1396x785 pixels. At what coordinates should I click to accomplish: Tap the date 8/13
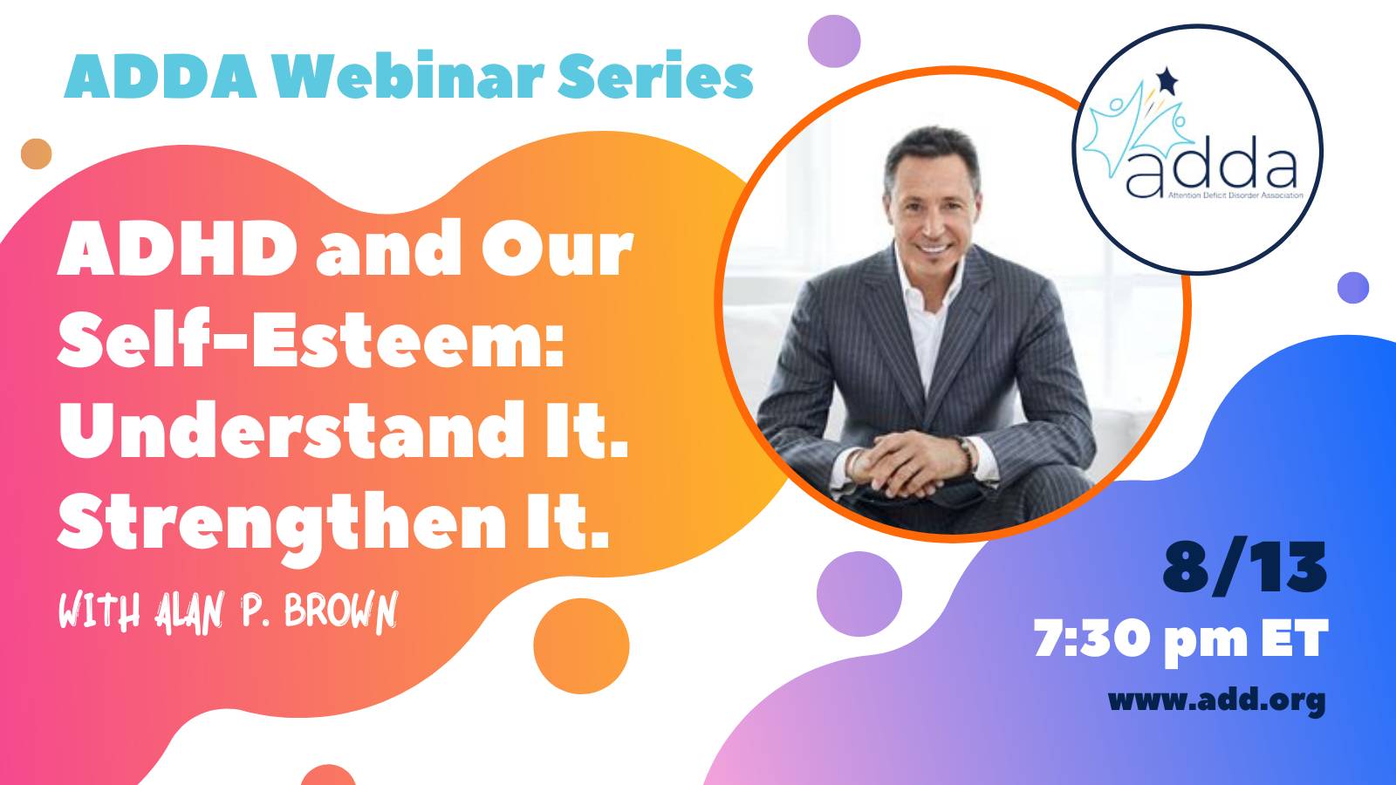click(1244, 568)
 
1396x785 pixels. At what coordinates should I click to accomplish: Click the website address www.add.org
click(1217, 700)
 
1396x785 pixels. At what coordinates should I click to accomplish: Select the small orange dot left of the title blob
click(36, 154)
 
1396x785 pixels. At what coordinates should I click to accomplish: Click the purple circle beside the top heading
click(834, 41)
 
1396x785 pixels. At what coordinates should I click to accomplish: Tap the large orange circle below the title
click(581, 646)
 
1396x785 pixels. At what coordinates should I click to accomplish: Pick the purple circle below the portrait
click(859, 594)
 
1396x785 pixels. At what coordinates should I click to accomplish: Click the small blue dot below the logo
click(1353, 288)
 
